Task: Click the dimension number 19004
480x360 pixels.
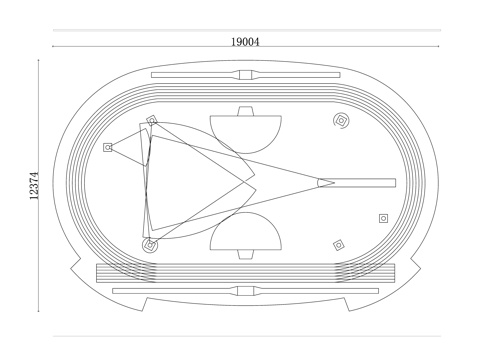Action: pyautogui.click(x=245, y=42)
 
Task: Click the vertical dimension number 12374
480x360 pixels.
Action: pyautogui.click(x=34, y=186)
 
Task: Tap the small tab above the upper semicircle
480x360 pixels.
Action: pyautogui.click(x=246, y=111)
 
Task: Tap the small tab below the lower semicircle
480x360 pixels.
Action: pyautogui.click(x=246, y=254)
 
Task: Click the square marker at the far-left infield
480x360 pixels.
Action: pyautogui.click(x=107, y=147)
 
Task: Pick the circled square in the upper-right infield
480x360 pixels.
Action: pyautogui.click(x=341, y=120)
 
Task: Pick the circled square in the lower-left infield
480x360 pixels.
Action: pyautogui.click(x=150, y=245)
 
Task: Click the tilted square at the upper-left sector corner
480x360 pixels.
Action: pyautogui.click(x=152, y=120)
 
